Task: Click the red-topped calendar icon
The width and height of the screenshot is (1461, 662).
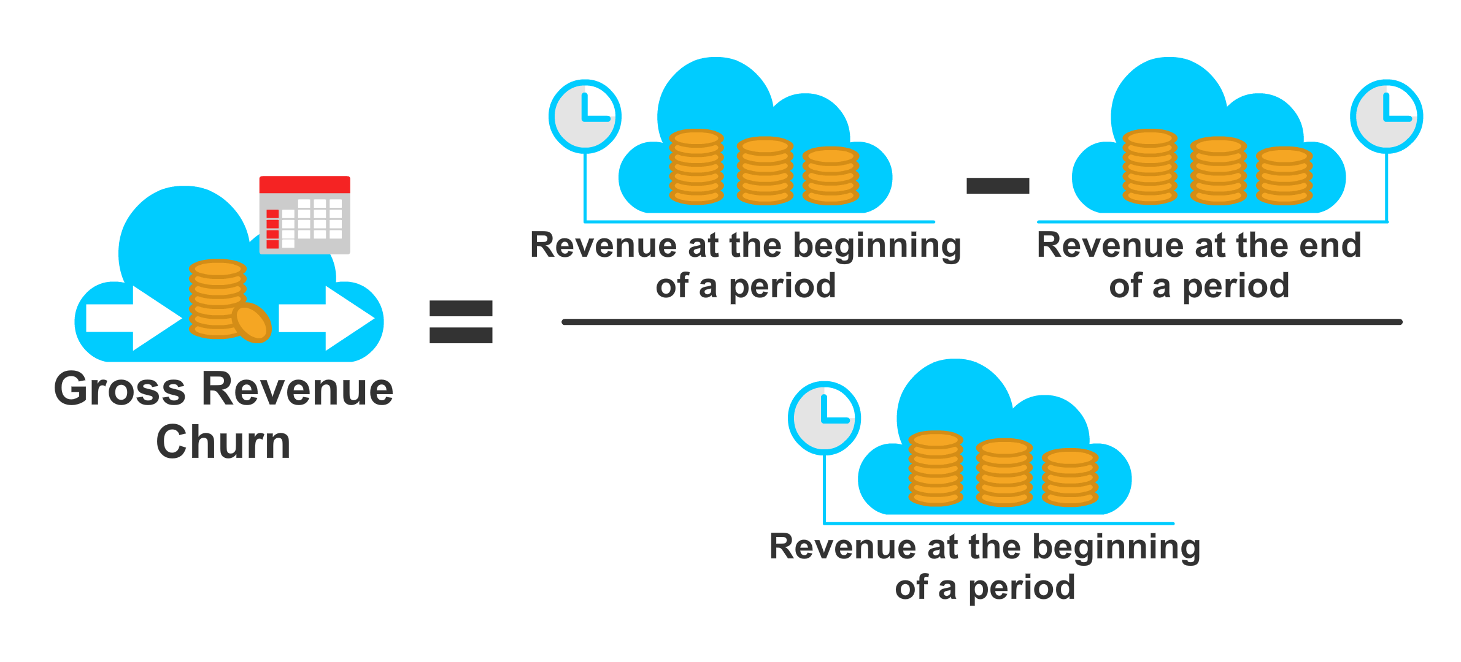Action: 304,215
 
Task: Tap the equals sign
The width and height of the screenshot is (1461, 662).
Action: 461,322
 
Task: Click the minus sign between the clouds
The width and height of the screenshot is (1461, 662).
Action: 998,185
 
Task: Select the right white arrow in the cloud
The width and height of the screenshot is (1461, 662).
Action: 325,318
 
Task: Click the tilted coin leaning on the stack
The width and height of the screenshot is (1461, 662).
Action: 252,322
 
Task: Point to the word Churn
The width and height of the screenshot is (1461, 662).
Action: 223,442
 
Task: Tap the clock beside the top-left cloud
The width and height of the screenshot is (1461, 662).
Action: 585,116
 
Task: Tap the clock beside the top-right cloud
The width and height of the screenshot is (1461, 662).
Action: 1386,116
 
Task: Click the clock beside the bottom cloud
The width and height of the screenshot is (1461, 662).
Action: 824,418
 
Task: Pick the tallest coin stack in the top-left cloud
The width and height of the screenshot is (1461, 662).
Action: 696,167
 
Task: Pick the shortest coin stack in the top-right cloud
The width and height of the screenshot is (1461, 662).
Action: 1284,176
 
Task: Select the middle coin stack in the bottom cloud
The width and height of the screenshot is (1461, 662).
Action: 1004,473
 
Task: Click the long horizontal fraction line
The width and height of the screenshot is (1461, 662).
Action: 982,322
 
